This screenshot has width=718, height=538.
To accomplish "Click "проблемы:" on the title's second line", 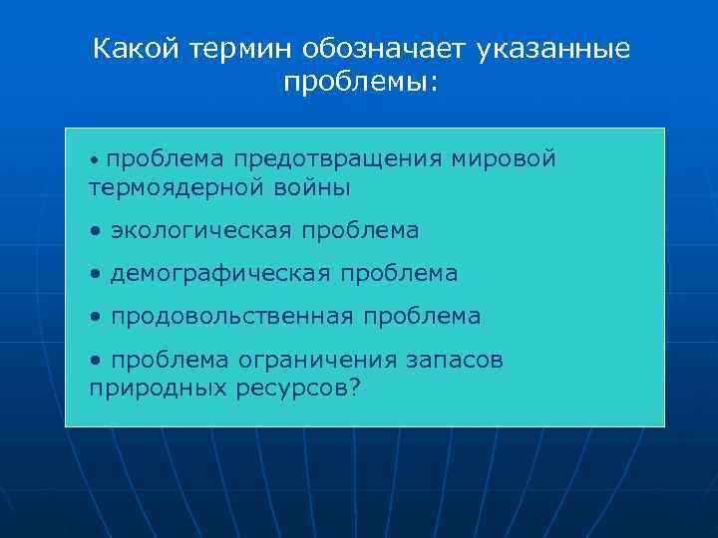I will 360,84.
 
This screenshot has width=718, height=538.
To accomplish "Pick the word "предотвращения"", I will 337,159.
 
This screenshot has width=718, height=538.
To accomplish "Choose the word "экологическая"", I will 200,231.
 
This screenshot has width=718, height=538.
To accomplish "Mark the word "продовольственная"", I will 231,317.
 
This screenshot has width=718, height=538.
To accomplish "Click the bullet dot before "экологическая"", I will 94,232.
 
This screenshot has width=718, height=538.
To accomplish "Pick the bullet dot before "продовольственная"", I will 94,318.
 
